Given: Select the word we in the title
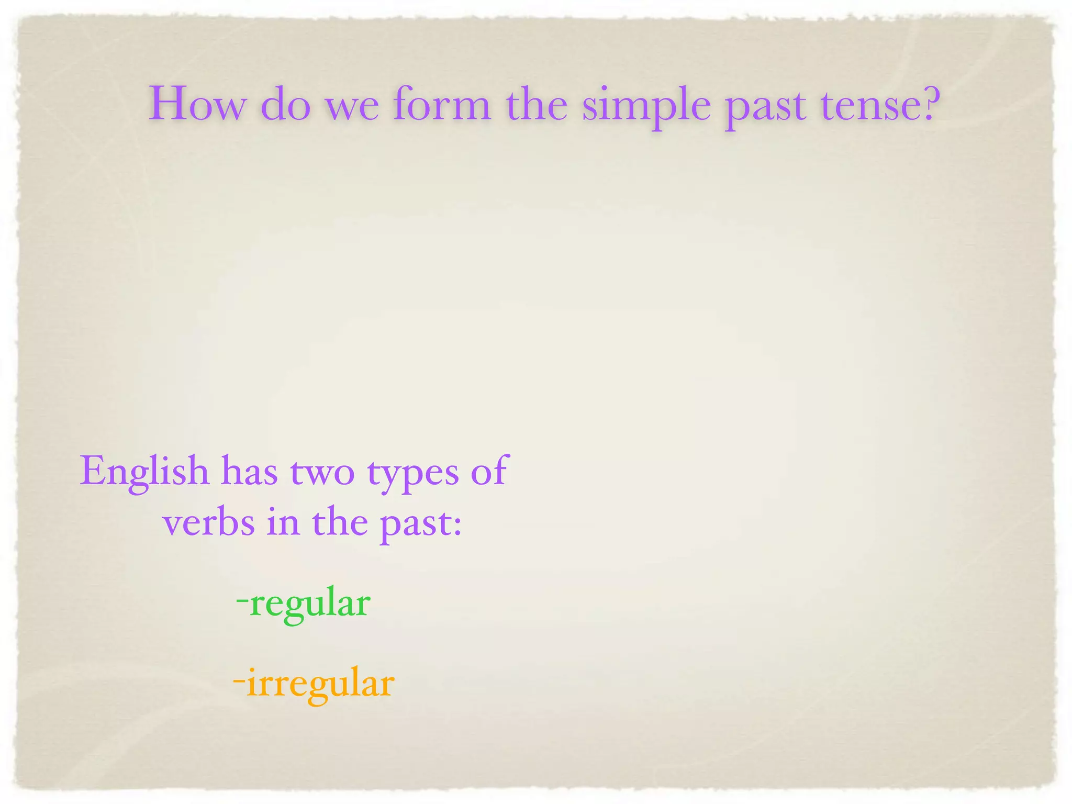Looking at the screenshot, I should coord(352,107).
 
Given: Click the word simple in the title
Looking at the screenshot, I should coord(646,105).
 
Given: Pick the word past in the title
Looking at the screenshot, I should coord(765,107).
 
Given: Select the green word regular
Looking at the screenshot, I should coord(310,605).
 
